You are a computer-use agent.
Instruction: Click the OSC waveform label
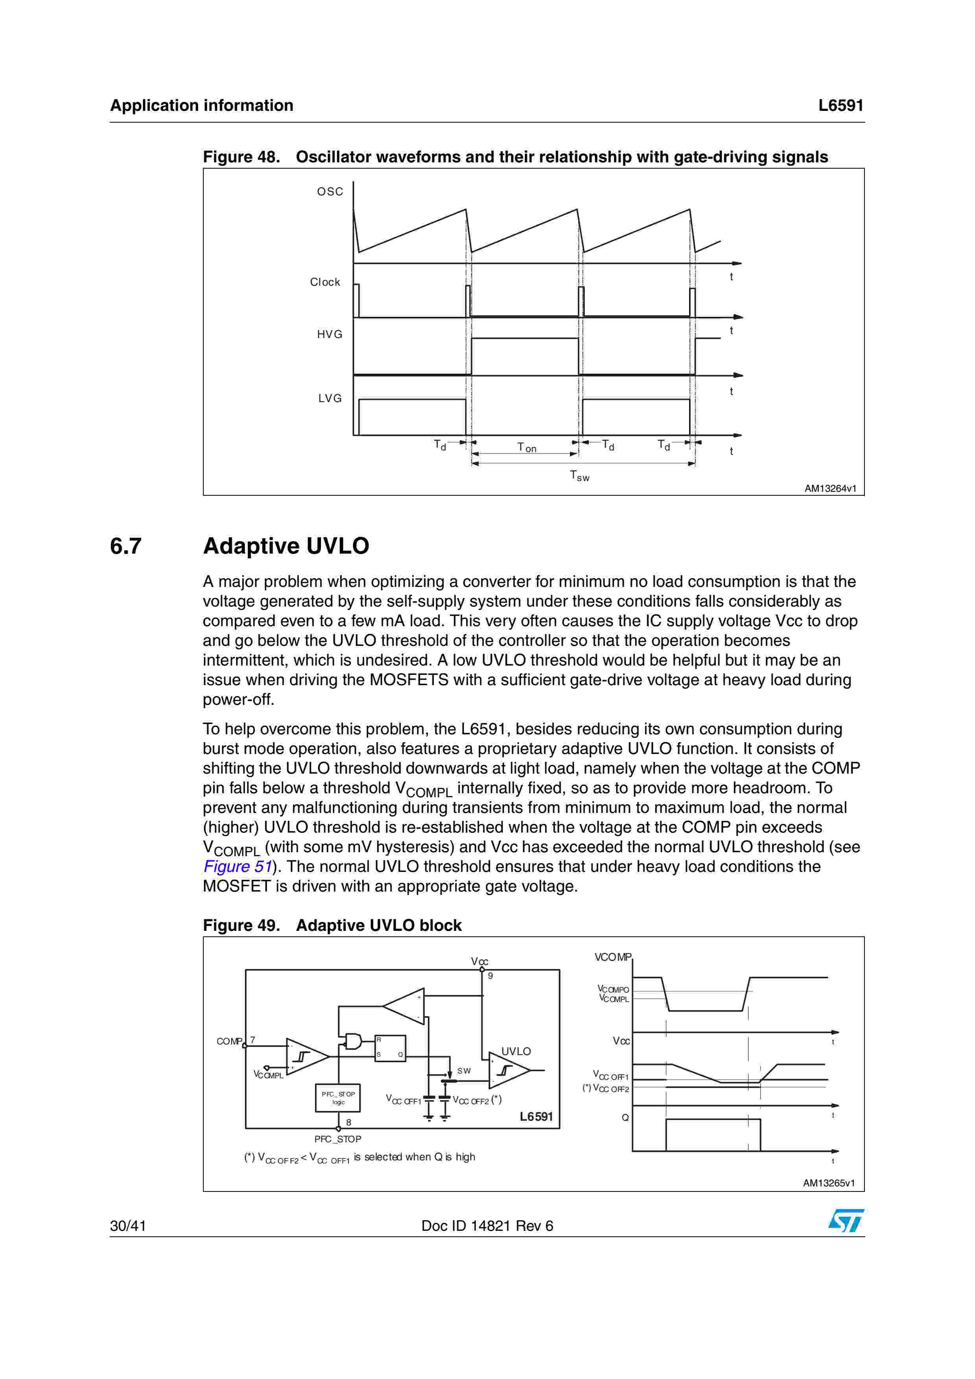[x=330, y=191]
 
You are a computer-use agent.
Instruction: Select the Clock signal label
[x=324, y=282]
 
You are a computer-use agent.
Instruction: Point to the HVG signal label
[x=329, y=335]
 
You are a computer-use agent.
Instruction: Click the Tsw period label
[x=579, y=476]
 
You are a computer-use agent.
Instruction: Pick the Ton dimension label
[x=526, y=447]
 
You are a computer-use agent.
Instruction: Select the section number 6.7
[x=125, y=546]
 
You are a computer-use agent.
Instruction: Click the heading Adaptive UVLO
[x=286, y=546]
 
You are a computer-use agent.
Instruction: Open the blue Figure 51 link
[x=237, y=867]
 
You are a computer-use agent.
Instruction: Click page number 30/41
[x=128, y=1226]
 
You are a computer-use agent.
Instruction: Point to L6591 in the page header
[x=840, y=106]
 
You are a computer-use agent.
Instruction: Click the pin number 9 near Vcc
[x=490, y=976]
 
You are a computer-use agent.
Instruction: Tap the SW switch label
[x=464, y=1071]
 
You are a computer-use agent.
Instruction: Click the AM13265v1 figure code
[x=828, y=1183]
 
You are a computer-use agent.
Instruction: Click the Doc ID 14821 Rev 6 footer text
[x=487, y=1226]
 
